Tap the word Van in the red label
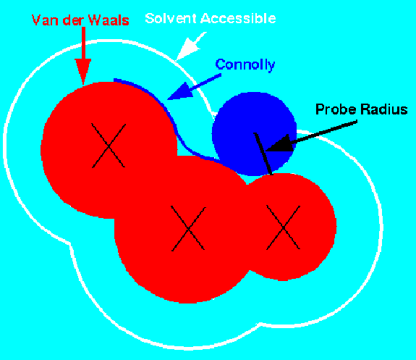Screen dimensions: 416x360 44,20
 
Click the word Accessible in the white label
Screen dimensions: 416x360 238,19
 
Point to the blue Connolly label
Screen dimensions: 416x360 245,65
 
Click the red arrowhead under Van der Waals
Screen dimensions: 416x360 83,71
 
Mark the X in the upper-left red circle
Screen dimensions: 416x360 109,146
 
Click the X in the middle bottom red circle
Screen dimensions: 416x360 188,228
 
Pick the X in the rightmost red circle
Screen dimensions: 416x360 284,227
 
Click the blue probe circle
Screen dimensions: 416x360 254,134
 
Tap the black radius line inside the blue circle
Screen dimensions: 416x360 263,154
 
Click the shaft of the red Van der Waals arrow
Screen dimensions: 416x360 83,43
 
